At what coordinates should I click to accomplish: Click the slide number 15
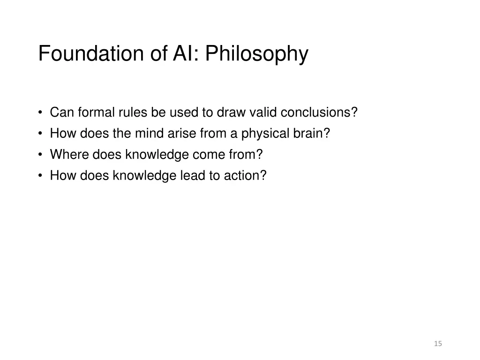tap(438, 344)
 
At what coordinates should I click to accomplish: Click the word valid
tap(263, 112)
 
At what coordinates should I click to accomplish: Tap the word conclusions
tap(319, 112)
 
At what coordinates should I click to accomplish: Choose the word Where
tap(69, 154)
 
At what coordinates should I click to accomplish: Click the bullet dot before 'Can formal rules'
tap(41, 112)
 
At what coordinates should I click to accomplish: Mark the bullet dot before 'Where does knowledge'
tap(41, 154)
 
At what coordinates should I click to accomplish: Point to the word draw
tap(231, 112)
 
